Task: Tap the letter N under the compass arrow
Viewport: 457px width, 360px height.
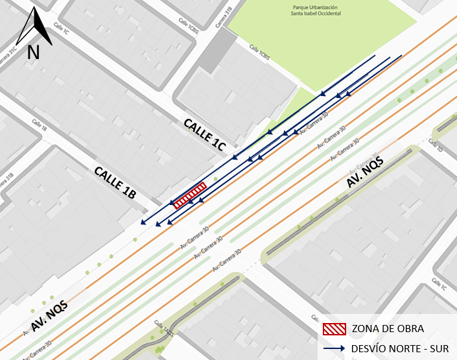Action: coord(34,52)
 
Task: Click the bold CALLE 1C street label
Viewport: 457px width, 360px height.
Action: coord(204,135)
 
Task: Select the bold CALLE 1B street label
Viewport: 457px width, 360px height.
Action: coord(115,182)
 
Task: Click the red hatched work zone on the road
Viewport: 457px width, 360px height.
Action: coord(190,195)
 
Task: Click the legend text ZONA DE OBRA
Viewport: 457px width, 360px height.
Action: coord(382,329)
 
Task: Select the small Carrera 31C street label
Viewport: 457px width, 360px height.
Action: coord(8,54)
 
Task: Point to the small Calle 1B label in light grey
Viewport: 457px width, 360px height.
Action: coord(40,126)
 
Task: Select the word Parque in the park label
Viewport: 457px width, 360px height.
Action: coord(301,7)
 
